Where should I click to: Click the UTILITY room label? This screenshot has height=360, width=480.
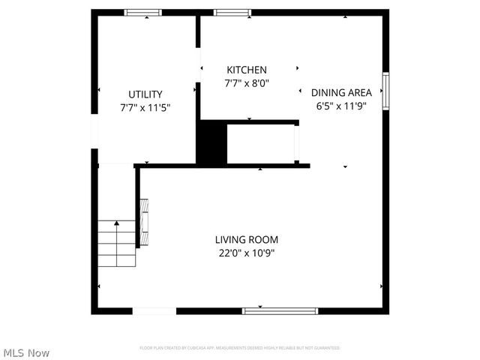(145, 94)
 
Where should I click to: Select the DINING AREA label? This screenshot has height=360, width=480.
(341, 92)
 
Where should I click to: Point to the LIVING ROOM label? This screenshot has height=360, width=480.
(247, 240)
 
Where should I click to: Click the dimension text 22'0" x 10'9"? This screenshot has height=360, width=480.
(247, 253)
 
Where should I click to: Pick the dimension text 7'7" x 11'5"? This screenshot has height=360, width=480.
(145, 107)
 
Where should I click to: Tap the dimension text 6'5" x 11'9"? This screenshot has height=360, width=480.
(341, 105)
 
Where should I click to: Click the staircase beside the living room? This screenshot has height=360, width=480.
(115, 245)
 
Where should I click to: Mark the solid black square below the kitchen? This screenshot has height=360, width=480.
(211, 142)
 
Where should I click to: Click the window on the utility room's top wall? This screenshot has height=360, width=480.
(142, 12)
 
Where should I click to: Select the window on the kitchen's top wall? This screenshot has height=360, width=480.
(232, 12)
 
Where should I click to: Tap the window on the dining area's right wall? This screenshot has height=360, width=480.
(386, 91)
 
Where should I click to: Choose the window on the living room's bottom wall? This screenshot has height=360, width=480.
(280, 310)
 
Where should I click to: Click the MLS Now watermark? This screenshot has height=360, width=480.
(27, 352)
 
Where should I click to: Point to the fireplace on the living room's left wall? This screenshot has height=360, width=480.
(142, 222)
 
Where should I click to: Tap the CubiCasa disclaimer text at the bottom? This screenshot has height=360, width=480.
(240, 348)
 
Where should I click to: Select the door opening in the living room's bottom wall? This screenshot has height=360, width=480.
(154, 310)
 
